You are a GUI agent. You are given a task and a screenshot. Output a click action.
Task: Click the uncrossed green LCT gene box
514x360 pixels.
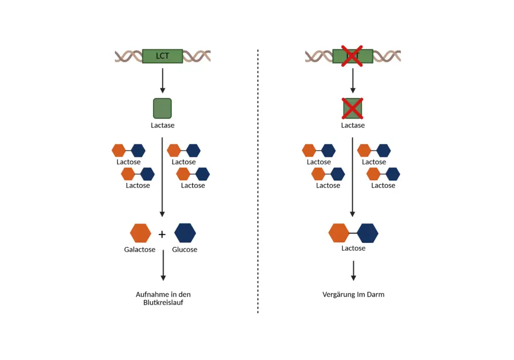[162, 56]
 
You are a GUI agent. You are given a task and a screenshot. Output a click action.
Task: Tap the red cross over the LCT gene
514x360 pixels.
[352, 56]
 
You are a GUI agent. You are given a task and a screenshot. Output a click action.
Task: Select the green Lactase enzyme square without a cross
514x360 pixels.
[162, 108]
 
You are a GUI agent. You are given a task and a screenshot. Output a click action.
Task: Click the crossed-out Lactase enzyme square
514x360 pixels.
[352, 108]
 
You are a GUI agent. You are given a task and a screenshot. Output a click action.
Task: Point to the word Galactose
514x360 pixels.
[140, 250]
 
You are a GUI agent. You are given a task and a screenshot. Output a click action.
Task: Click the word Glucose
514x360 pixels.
[185, 250]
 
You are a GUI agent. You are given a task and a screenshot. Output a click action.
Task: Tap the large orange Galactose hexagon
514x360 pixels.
[141, 233]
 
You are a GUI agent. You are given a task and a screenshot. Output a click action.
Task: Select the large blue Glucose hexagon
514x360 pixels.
[185, 233]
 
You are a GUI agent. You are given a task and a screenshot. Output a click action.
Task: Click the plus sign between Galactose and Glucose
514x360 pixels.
[162, 234]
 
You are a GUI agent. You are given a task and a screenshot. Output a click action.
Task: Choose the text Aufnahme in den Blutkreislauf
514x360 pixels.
[163, 298]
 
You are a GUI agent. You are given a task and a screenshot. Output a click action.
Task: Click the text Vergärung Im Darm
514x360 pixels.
[353, 295]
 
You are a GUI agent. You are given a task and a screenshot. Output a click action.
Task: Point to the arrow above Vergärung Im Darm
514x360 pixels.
[353, 271]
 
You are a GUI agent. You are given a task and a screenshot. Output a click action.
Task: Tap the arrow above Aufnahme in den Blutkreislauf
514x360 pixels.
[163, 266]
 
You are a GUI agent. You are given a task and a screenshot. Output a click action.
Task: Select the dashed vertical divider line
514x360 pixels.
[258, 181]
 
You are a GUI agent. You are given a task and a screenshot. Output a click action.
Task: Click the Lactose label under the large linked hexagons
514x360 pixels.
[353, 248]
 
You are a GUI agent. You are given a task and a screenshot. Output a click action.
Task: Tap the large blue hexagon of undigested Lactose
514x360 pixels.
[367, 233]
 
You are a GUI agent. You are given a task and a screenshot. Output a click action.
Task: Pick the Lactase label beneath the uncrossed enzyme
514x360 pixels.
[163, 125]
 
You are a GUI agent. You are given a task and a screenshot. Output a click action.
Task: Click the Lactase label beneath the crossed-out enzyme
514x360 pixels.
[353, 125]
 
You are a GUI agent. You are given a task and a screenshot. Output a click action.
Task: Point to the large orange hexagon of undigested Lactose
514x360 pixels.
[339, 233]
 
